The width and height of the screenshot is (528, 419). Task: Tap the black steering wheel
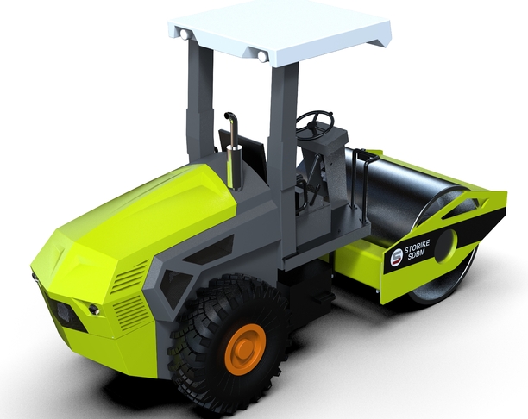tap(315, 123)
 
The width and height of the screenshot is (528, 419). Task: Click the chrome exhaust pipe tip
tap(230, 116)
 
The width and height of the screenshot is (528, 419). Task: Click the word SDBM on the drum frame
tap(417, 255)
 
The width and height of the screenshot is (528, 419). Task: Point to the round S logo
tap(396, 256)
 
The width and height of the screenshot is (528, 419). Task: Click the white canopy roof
tap(280, 30)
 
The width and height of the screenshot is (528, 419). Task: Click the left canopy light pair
tap(185, 34)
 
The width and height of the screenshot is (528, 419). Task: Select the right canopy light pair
tap(262, 56)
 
